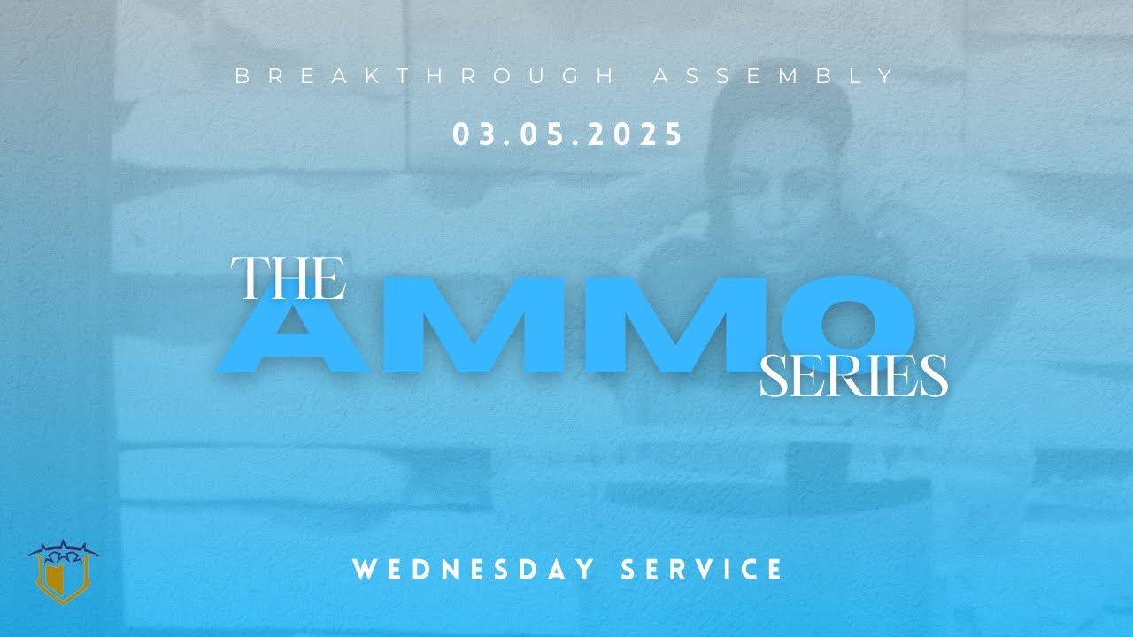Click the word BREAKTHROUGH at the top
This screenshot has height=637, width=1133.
pos(424,76)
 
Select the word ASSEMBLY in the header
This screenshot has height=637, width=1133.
pos(774,76)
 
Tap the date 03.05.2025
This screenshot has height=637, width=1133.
pos(567,134)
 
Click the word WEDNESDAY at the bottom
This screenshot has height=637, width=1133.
pos(474,569)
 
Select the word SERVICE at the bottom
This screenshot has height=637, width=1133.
pos(702,569)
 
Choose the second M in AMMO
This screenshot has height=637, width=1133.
pos(651,326)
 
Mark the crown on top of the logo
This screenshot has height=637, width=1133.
pos(64,551)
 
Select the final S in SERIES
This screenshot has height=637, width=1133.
pos(934,377)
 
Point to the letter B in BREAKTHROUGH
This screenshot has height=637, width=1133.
pos(241,76)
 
